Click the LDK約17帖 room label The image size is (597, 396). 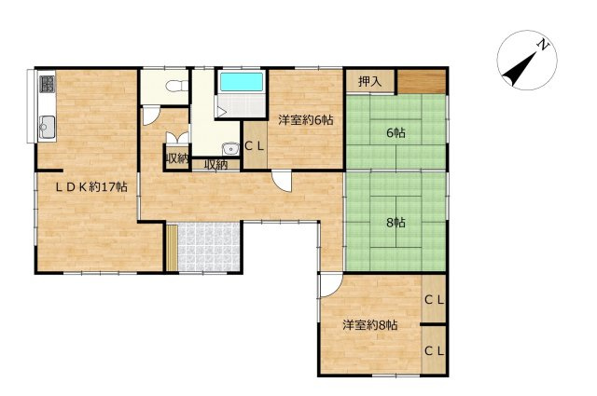click(x=91, y=186)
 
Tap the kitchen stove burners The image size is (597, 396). click(x=48, y=85)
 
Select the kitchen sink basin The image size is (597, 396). click(x=48, y=127)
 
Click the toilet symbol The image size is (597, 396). click(x=176, y=86)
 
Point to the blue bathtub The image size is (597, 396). click(x=242, y=82)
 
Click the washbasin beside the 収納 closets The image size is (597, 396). click(x=230, y=149)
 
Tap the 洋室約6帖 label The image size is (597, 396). click(x=306, y=120)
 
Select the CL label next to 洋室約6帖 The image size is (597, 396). click(x=255, y=146)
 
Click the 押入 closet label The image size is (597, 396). click(x=369, y=81)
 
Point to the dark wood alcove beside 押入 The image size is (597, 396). click(x=422, y=81)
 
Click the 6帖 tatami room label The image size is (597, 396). click(x=396, y=132)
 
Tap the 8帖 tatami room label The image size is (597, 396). click(x=396, y=223)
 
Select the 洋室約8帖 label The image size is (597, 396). click(x=370, y=325)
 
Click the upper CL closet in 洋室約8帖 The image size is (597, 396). click(x=434, y=300)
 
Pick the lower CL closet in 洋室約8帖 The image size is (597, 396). click(x=434, y=351)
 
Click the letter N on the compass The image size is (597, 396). click(x=543, y=45)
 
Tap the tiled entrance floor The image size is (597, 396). click(x=209, y=247)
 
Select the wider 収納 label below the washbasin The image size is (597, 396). click(x=215, y=165)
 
